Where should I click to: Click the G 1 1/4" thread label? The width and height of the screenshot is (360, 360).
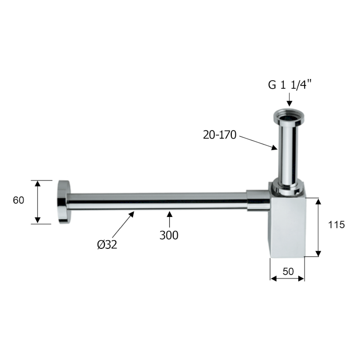290,85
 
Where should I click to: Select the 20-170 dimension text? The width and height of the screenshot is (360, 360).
220,135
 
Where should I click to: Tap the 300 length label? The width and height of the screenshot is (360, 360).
169,235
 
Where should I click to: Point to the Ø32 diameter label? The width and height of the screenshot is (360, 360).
107,244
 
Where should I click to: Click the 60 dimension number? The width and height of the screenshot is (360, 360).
18,200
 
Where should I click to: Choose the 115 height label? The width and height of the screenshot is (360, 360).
336,225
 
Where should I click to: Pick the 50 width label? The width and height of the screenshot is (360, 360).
288,272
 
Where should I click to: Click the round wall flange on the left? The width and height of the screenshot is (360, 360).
63,202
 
